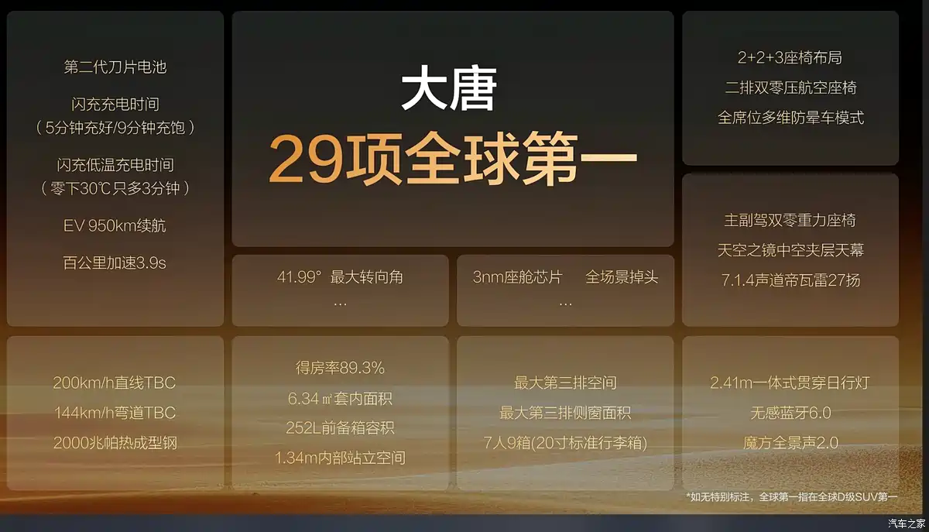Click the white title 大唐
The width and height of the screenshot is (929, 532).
(449, 88)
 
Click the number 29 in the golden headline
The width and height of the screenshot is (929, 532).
(307, 159)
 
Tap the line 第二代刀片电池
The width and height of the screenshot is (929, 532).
(115, 67)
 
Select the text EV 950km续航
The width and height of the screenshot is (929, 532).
(115, 226)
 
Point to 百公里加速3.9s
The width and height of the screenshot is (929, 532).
(115, 263)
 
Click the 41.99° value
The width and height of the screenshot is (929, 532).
(300, 276)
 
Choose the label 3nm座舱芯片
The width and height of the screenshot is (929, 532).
(518, 276)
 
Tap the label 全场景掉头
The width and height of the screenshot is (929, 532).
(622, 276)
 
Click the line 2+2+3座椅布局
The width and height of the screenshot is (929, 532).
(790, 57)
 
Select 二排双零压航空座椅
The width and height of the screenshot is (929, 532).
(790, 88)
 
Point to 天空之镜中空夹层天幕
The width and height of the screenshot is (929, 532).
(790, 250)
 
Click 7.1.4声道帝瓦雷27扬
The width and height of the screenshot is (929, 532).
(790, 280)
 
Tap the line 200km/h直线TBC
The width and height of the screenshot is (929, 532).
(115, 383)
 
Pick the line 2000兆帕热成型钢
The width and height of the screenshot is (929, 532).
(115, 443)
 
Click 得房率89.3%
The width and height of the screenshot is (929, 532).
(340, 368)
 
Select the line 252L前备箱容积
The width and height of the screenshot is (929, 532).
(340, 427)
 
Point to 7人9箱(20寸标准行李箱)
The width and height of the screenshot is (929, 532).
(565, 443)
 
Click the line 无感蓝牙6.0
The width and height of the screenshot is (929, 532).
(790, 413)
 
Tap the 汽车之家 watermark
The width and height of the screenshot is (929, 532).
(907, 523)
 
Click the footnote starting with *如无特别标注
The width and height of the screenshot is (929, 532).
(792, 496)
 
